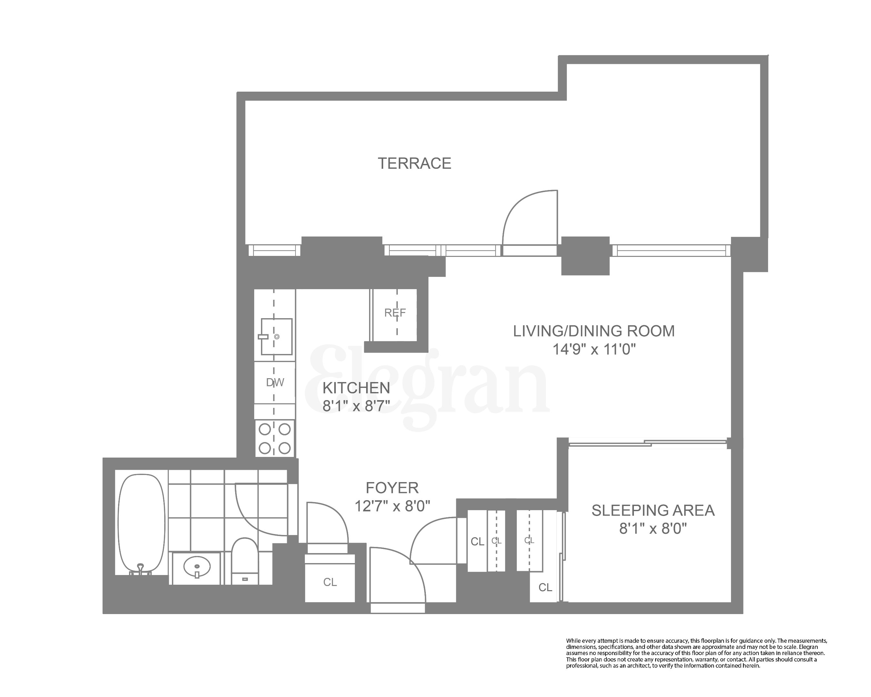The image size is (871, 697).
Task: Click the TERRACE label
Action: (x=414, y=163)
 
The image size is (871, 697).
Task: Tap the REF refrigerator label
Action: (x=395, y=313)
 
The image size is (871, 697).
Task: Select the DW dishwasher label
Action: (x=275, y=382)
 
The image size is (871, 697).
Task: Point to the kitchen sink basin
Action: (x=276, y=337)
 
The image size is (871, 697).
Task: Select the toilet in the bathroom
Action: (x=245, y=560)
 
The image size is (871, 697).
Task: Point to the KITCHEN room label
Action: (x=356, y=388)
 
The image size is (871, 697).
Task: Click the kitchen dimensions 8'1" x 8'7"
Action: (x=356, y=406)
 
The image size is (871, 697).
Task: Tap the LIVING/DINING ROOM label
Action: (x=594, y=331)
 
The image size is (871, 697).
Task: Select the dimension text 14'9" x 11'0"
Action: (x=594, y=349)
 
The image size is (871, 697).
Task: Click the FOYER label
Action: (x=392, y=488)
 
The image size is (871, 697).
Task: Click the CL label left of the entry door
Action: (x=330, y=582)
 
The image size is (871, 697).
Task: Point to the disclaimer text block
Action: (x=696, y=653)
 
